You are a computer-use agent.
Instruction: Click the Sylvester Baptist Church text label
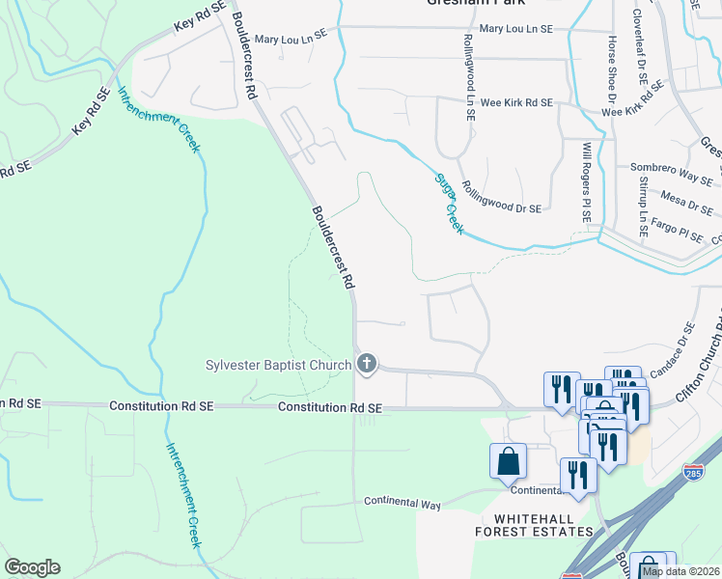click(x=278, y=365)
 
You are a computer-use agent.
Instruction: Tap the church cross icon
click(x=366, y=364)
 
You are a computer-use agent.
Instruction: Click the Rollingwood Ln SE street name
click(x=468, y=76)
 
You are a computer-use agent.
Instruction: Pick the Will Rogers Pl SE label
click(x=586, y=182)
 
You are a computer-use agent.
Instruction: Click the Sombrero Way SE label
click(x=671, y=174)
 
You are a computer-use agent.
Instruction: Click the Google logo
click(x=32, y=567)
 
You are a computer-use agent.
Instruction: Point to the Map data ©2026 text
click(x=680, y=571)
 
